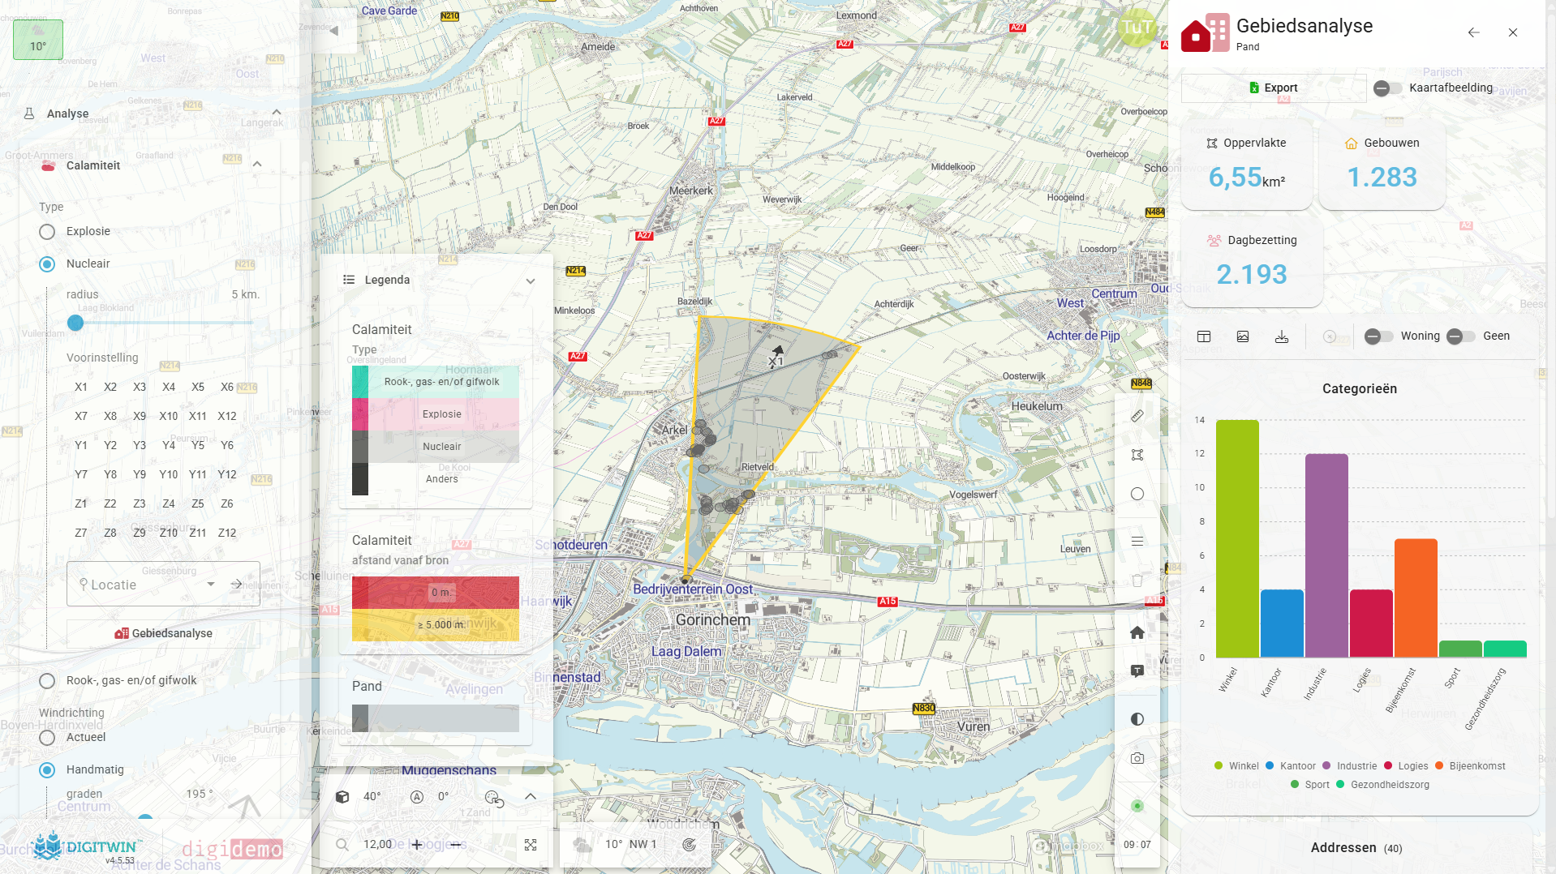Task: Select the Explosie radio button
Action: pyautogui.click(x=47, y=232)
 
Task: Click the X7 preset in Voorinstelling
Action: pyautogui.click(x=81, y=416)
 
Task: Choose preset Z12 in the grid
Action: pyautogui.click(x=227, y=533)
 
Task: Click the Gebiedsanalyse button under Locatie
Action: pyautogui.click(x=164, y=633)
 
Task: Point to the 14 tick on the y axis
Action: pyautogui.click(x=1200, y=420)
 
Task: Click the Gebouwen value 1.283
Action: pyautogui.click(x=1382, y=177)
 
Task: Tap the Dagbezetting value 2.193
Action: pyautogui.click(x=1251, y=274)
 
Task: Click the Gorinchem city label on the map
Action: pyautogui.click(x=713, y=620)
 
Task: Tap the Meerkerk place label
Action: pyautogui.click(x=691, y=191)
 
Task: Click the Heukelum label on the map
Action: pyautogui.click(x=1036, y=406)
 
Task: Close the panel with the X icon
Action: pyautogui.click(x=1513, y=32)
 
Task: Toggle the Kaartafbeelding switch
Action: pyautogui.click(x=1387, y=88)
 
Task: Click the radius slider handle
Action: pyautogui.click(x=75, y=323)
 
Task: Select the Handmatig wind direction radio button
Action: pyautogui.click(x=47, y=770)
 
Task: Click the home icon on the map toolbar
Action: pyautogui.click(x=1137, y=632)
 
